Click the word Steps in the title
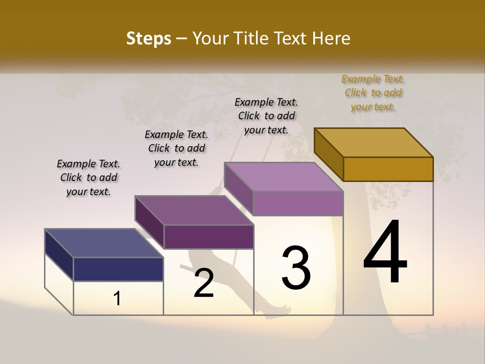click(149, 38)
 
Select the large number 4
click(385, 253)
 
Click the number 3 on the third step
click(296, 267)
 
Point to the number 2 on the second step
click(204, 283)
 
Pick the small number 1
click(117, 298)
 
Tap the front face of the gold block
click(388, 169)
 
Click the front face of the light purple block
click(298, 203)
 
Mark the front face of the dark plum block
click(208, 237)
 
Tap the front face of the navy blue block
click(118, 269)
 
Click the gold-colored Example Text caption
click(373, 93)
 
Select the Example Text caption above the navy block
click(88, 177)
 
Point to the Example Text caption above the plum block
click(176, 148)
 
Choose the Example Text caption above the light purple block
click(266, 116)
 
